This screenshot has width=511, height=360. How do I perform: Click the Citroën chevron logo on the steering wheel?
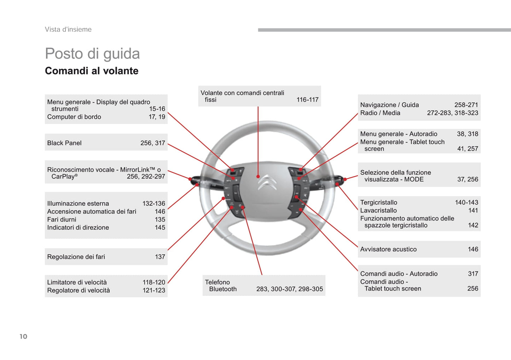click(x=267, y=183)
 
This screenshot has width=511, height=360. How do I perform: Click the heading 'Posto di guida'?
click(x=92, y=54)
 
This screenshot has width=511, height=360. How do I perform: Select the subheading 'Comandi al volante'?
click(x=92, y=71)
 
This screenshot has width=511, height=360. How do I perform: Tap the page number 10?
click(x=23, y=336)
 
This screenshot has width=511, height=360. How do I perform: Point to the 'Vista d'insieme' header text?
click(x=68, y=29)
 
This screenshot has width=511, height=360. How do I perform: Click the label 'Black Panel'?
click(x=64, y=143)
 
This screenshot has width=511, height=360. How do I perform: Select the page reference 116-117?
click(x=307, y=100)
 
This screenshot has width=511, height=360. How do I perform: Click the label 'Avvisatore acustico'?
click(x=388, y=249)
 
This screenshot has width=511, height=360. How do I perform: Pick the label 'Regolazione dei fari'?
click(x=76, y=257)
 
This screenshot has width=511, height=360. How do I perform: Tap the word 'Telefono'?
click(x=217, y=282)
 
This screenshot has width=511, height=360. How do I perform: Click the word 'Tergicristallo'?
click(x=378, y=202)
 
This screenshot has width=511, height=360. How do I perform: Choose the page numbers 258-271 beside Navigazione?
click(x=466, y=105)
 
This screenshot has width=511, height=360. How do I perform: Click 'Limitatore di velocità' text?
click(x=77, y=282)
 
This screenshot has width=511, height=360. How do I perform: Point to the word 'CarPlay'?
click(x=63, y=176)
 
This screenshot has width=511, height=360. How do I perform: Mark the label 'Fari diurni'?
click(x=62, y=219)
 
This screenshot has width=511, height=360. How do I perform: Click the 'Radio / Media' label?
click(x=380, y=113)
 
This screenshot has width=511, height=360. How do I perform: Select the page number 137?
click(x=160, y=257)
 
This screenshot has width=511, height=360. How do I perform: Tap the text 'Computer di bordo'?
click(x=74, y=117)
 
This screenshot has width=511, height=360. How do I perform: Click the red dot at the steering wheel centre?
click(x=258, y=176)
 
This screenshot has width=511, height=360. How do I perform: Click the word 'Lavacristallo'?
click(x=378, y=211)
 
